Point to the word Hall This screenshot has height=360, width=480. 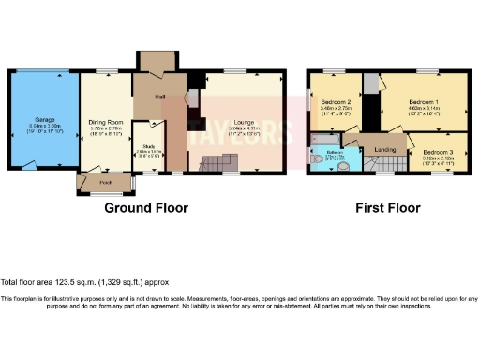[160, 97]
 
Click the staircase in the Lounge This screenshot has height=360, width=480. [211, 165]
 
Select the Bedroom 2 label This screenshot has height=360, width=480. [335, 102]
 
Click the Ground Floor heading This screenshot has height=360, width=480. [145, 208]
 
